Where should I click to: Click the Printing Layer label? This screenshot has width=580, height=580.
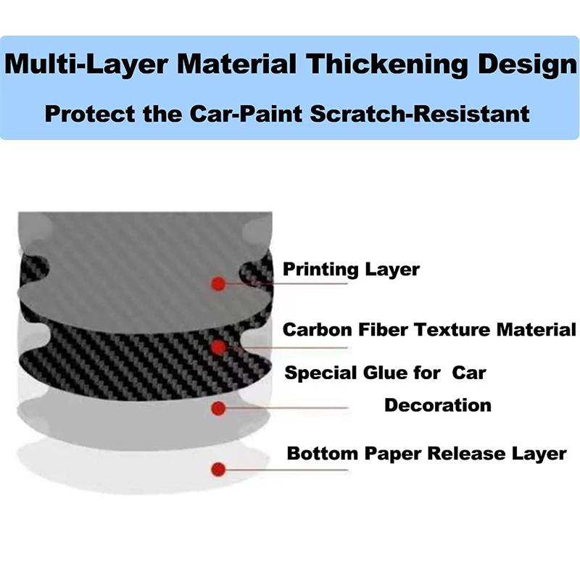351,270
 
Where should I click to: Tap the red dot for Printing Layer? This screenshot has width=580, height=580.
217,283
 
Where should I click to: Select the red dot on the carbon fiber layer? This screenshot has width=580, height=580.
217,348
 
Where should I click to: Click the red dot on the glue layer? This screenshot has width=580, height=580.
217,408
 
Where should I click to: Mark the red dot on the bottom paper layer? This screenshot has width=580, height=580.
217,468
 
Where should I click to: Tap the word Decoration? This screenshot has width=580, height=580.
438,405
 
